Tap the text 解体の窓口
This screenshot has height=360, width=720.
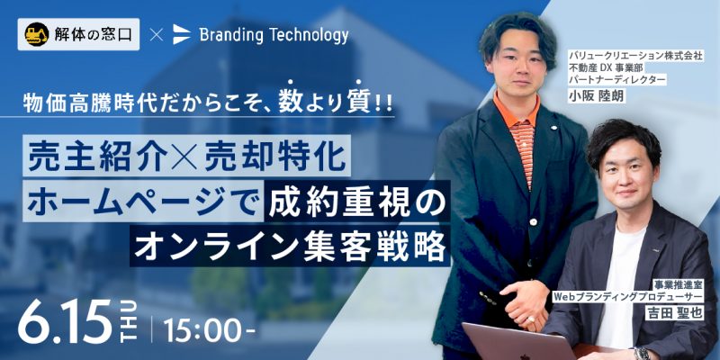[94, 34]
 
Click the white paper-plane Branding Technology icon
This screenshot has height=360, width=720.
[182, 34]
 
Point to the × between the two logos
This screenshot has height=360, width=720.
[156, 35]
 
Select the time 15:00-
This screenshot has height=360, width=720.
[209, 329]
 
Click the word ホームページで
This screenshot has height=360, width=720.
[142, 202]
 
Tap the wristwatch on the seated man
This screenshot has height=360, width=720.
[642, 354]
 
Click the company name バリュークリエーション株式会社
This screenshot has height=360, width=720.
[636, 56]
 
